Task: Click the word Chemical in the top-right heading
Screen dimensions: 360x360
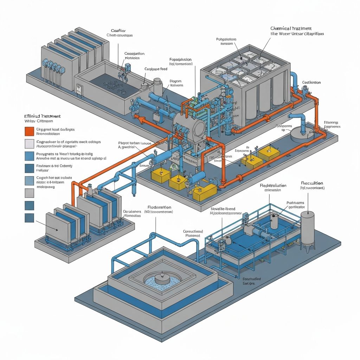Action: pos(282,28)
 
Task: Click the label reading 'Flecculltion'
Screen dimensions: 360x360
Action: pos(312,183)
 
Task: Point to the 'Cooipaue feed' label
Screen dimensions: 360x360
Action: pos(156,69)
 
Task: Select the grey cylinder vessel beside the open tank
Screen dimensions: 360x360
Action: pos(157,86)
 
